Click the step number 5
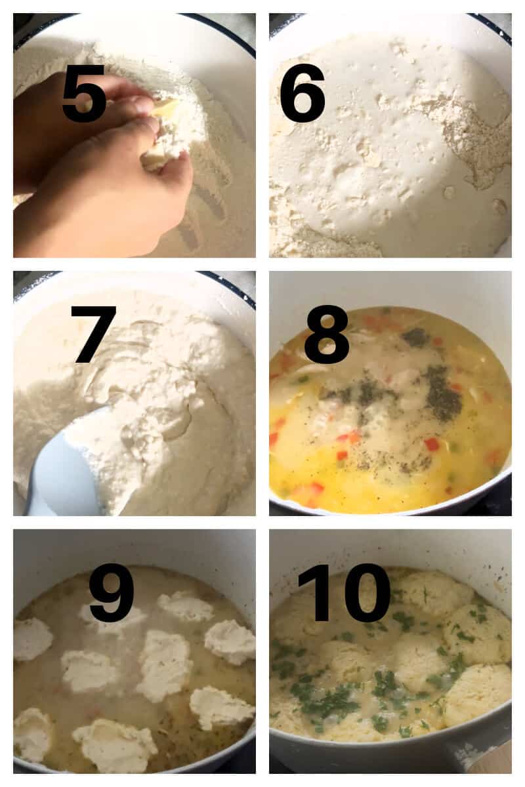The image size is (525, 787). coord(84,93)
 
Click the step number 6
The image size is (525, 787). coord(303,93)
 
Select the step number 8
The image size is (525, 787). coord(326,342)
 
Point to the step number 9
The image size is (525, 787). coord(112,592)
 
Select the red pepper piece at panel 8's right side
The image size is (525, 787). coord(431,444)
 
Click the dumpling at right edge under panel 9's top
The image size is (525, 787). coord(230,641)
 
